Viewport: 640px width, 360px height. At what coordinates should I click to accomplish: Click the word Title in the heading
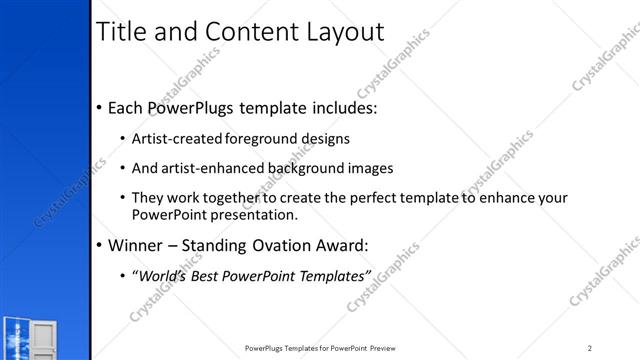pos(123,31)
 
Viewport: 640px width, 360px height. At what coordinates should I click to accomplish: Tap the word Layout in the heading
pos(335,31)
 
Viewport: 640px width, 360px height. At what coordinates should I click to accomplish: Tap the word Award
pos(341,245)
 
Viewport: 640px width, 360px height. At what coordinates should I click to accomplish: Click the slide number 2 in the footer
pos(590,348)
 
